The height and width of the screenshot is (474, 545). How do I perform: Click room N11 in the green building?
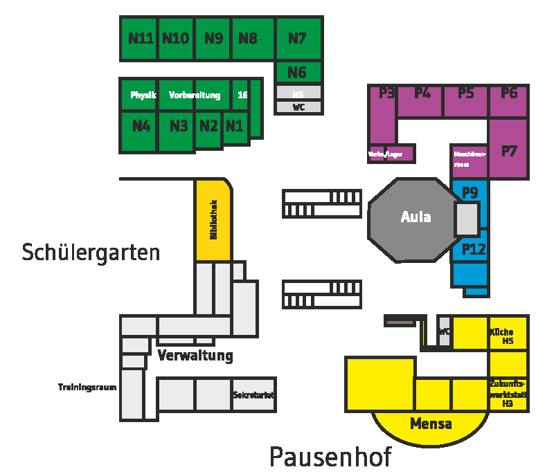pos(141,38)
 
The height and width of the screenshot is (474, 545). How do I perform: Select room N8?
pos(248,38)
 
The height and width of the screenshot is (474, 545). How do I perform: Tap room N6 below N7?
pos(297,72)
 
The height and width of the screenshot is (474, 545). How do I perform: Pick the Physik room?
pos(143,95)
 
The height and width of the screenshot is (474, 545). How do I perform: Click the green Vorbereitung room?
pos(195,95)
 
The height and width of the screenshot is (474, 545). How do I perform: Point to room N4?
pos(141,126)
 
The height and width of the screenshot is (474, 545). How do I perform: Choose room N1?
pos(235,126)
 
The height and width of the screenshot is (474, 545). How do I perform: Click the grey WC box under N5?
pos(298,107)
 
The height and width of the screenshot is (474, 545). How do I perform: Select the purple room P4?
pos(422,93)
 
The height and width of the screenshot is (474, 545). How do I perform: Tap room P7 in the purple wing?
pos(509,151)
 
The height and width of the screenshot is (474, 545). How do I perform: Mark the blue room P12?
pos(474,249)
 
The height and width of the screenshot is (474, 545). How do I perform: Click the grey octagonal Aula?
pos(416,217)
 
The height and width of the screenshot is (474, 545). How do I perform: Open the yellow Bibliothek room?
pos(213,220)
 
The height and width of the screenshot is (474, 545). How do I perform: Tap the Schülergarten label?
pos(91,253)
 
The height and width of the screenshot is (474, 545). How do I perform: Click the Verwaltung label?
pos(195,356)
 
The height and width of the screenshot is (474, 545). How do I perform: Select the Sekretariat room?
pos(253,395)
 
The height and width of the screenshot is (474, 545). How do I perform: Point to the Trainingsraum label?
pos(87,387)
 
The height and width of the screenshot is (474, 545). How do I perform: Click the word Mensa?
pos(431,423)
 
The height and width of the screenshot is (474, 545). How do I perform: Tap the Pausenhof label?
pos(330,457)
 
